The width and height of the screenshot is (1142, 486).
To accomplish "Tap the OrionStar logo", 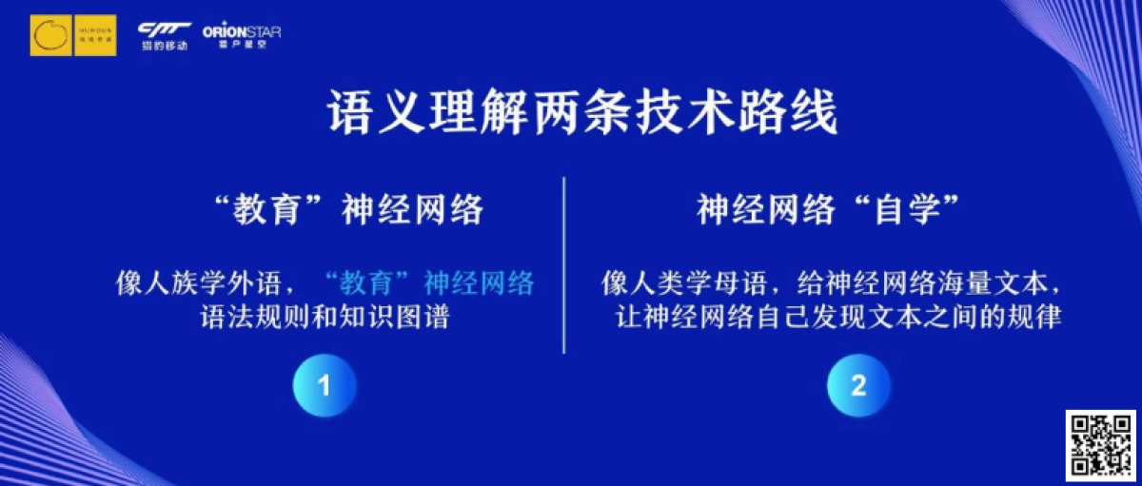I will (x=242, y=34).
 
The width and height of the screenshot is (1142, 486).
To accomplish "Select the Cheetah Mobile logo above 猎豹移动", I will (x=164, y=29).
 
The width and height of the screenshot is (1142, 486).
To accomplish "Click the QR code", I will (x=1100, y=444).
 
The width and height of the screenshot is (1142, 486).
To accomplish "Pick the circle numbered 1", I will (x=324, y=385).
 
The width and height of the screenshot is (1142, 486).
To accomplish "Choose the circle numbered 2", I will (x=858, y=385).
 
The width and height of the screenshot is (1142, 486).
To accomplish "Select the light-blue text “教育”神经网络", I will (x=429, y=282).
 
